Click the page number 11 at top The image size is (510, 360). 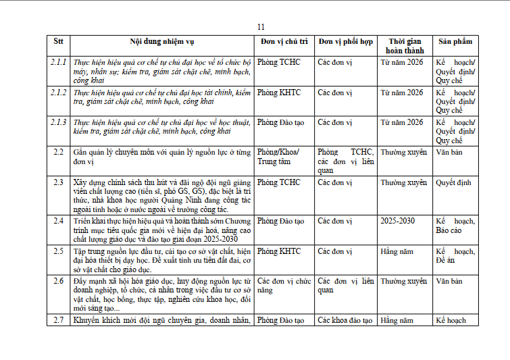click(x=261, y=27)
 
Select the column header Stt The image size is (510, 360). click(x=58, y=41)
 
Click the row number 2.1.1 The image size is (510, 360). click(x=59, y=62)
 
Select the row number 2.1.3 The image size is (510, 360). click(x=59, y=122)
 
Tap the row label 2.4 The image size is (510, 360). click(x=59, y=221)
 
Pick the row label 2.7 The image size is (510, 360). click(x=59, y=320)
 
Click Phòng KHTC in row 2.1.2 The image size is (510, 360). click(x=279, y=93)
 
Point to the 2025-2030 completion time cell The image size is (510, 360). click(x=398, y=221)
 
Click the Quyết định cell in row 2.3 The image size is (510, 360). click(x=454, y=182)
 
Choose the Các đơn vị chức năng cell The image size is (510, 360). click(x=283, y=285)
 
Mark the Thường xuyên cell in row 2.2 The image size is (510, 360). click(x=403, y=152)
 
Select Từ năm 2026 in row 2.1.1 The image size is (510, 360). click(x=401, y=62)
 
